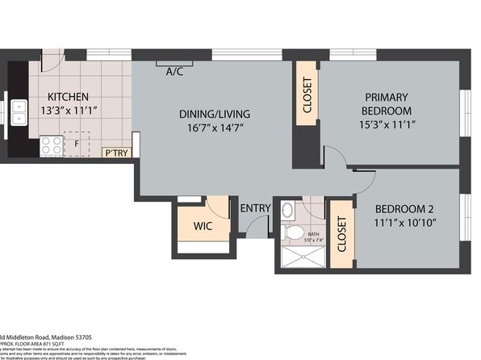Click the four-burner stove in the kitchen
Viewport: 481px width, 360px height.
(x=50, y=146)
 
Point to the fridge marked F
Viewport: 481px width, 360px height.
(x=77, y=146)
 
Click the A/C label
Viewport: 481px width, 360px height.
(x=174, y=71)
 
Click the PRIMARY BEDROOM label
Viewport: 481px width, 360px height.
(x=387, y=103)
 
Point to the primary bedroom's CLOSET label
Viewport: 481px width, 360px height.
(x=307, y=95)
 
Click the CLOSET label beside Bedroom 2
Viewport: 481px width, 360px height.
(x=341, y=233)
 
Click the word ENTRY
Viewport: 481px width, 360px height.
(x=255, y=208)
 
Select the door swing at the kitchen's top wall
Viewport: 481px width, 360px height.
(x=51, y=62)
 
